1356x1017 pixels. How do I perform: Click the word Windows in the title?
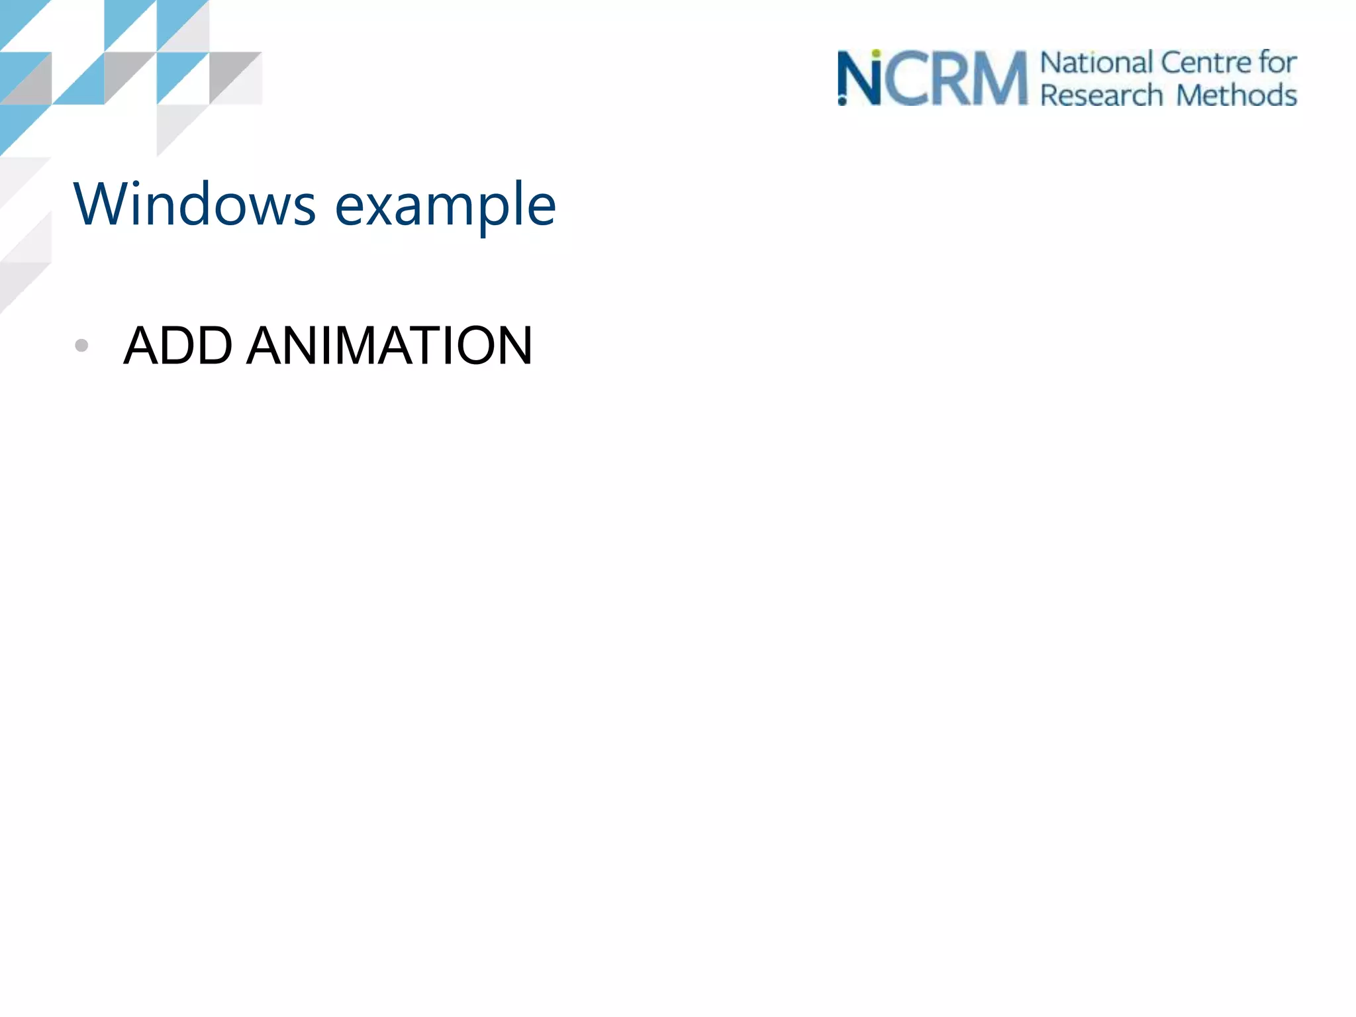[x=195, y=205]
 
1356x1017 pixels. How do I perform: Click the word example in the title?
[x=445, y=207]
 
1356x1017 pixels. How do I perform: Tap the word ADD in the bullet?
[x=178, y=345]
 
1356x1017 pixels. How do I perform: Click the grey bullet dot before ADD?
[x=81, y=345]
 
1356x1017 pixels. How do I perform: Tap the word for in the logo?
[x=1277, y=63]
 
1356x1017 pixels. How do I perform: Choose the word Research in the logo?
[x=1102, y=95]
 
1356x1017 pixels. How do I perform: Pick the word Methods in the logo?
[x=1237, y=95]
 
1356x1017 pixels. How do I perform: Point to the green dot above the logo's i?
[x=876, y=54]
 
